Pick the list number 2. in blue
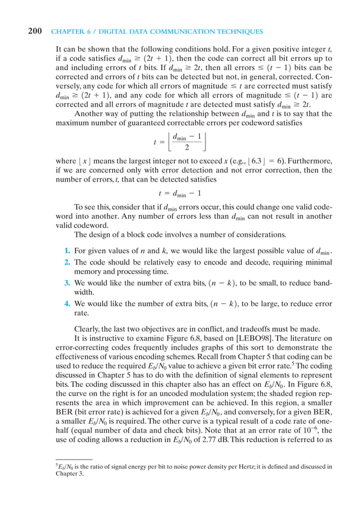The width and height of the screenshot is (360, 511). [x=65, y=262]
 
